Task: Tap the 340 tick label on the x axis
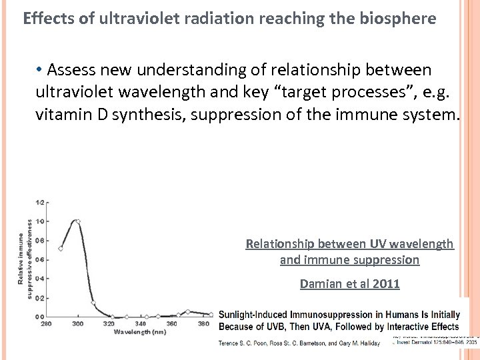[x=140, y=324]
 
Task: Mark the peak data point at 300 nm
[x=78, y=221]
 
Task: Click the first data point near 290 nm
[x=61, y=249]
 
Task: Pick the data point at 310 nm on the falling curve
[x=93, y=303]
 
